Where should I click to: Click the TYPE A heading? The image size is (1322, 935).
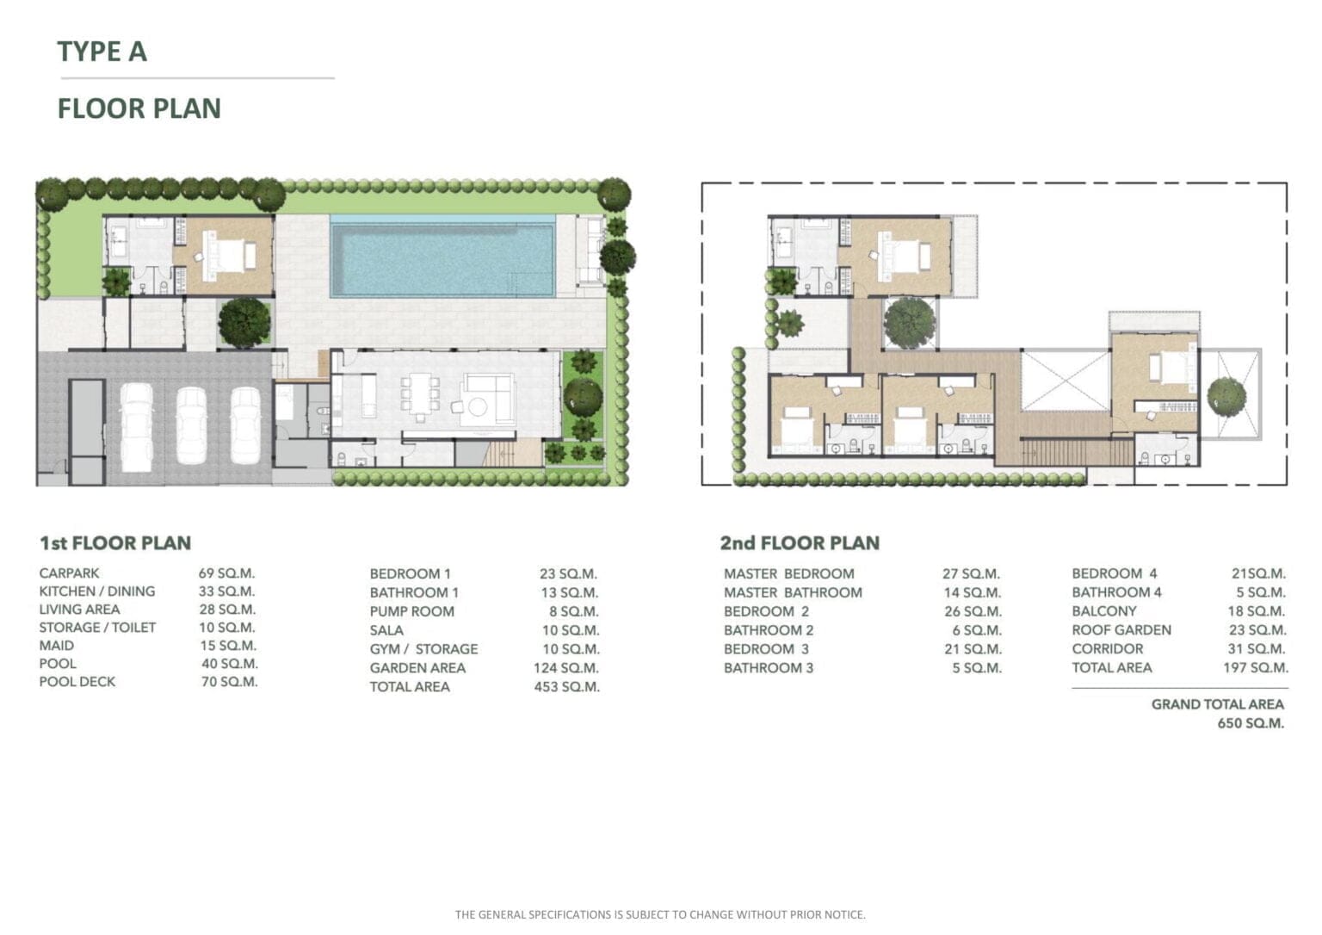point(102,52)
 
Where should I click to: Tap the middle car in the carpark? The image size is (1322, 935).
point(191,425)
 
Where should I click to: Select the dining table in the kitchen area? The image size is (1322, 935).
point(420,393)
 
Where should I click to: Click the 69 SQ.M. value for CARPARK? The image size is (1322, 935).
point(226,573)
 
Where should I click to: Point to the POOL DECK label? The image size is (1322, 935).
point(77,682)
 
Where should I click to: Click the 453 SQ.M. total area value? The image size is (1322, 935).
point(566,686)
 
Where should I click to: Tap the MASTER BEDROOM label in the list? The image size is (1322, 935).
point(789,573)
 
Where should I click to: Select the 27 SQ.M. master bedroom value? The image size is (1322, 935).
point(971,573)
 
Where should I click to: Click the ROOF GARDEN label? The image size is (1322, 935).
point(1121,630)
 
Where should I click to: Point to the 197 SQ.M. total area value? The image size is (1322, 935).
point(1256,667)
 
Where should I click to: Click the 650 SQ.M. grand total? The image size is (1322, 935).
point(1251,723)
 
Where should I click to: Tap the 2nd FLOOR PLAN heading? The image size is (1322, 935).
point(800,543)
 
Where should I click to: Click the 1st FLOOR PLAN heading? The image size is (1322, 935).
point(115,543)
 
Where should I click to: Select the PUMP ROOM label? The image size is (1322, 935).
point(412,611)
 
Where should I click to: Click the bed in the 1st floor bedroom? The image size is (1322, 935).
point(226,256)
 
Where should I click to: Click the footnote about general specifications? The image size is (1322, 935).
point(660,914)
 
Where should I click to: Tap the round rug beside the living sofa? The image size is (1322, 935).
point(477,406)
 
